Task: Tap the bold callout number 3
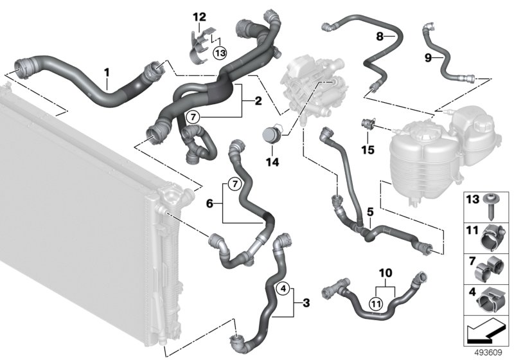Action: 306,302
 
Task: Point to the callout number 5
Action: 369,210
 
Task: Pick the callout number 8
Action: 380,37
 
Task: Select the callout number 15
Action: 368,150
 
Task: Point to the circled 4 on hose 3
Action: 281,289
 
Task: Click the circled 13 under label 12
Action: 219,53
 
